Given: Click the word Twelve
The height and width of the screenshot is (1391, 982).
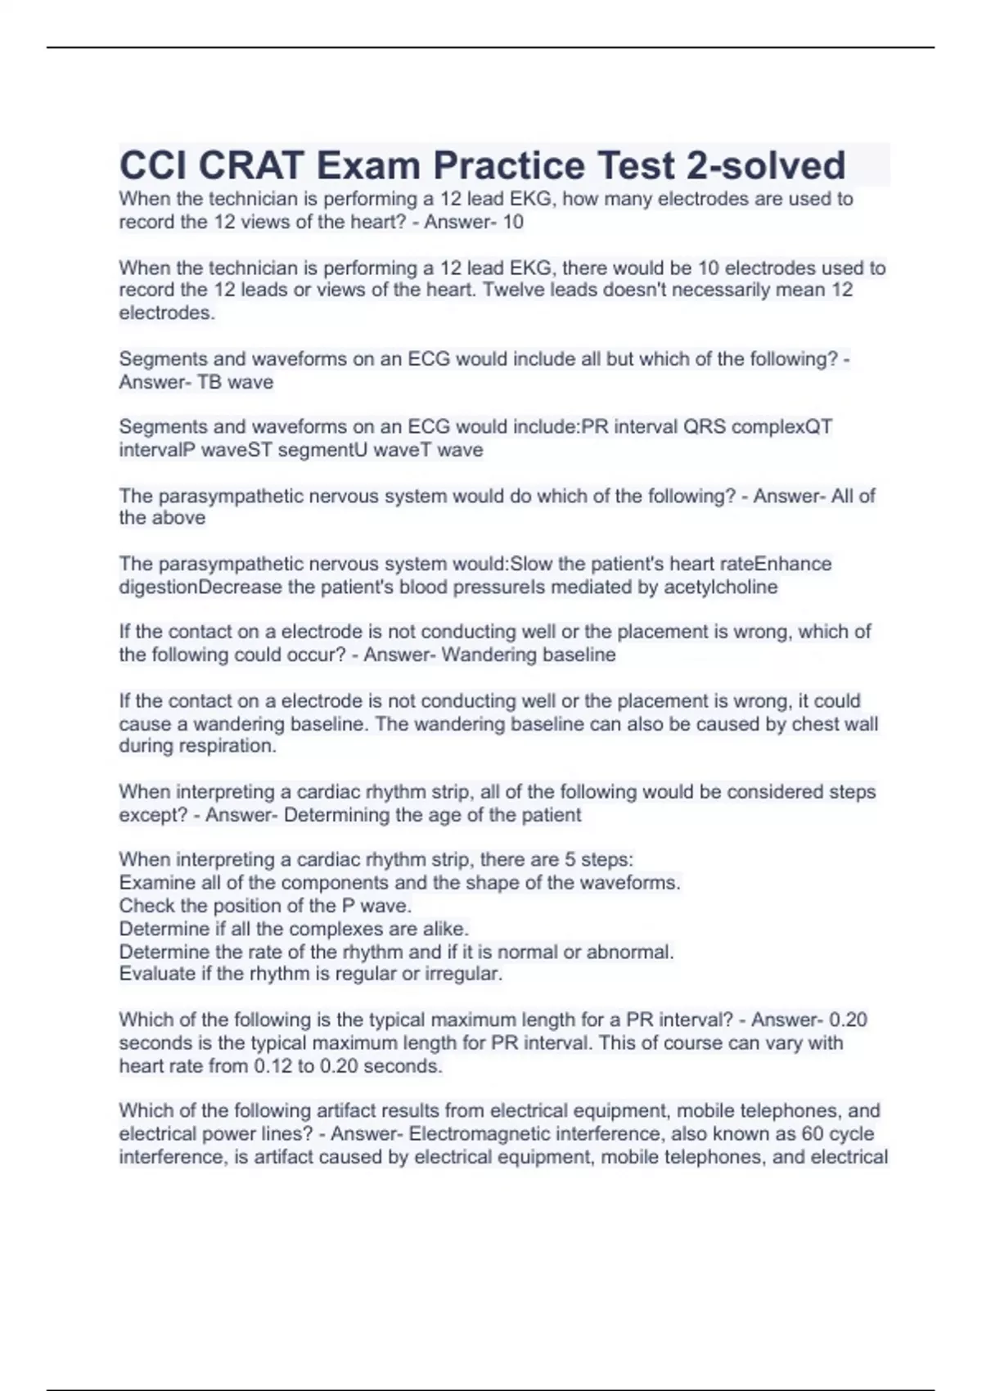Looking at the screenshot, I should pyautogui.click(x=513, y=290).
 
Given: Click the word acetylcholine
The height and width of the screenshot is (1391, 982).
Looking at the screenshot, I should pyautogui.click(x=721, y=587).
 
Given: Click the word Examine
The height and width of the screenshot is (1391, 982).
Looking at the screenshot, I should pyautogui.click(x=154, y=883).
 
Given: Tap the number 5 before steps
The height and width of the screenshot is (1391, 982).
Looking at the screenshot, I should pyautogui.click(x=570, y=860).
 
